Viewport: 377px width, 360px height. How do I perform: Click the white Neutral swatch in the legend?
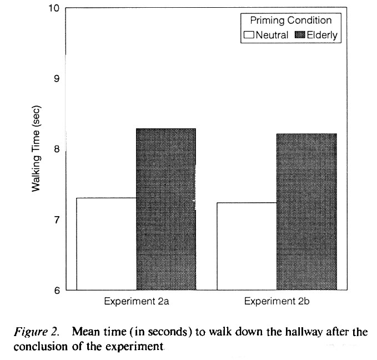[249, 35]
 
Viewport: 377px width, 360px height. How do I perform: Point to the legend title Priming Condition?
[290, 21]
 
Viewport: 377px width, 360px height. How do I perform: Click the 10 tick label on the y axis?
[54, 9]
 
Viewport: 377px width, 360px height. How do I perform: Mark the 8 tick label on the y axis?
[57, 149]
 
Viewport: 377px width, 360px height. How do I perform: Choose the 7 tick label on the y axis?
[57, 219]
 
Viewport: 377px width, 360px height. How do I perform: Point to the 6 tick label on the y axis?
[57, 289]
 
